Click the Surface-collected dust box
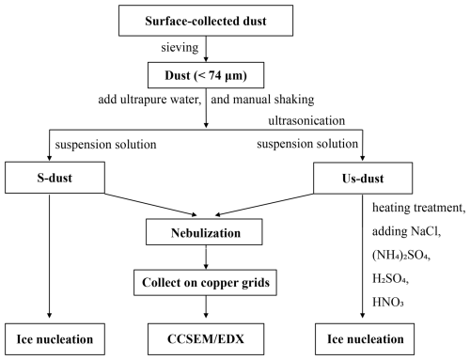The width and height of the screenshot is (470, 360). (206, 21)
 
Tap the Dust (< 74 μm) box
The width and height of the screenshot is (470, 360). (206, 75)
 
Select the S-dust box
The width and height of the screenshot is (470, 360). (55, 178)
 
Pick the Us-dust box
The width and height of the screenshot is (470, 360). (363, 178)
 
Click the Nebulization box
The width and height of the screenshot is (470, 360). (204, 232)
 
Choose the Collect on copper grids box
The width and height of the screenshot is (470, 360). (205, 282)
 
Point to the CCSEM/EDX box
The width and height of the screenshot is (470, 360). (206, 339)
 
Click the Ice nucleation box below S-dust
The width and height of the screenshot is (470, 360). (55, 339)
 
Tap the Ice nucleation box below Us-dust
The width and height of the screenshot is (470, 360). (365, 339)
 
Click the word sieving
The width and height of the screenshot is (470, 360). (180, 47)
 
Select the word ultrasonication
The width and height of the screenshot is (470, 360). (306, 120)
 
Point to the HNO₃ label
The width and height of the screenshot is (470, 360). (388, 302)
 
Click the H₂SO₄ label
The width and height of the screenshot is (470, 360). (390, 278)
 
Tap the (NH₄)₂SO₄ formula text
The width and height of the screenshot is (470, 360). (401, 255)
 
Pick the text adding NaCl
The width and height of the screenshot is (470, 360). (406, 231)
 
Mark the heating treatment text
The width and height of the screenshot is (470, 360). (418, 208)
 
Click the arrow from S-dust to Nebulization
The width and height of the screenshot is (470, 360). (150, 204)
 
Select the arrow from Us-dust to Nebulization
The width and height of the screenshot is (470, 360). (264, 205)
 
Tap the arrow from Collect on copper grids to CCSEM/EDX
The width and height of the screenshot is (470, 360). (206, 306)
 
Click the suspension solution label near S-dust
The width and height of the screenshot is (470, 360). (105, 145)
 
